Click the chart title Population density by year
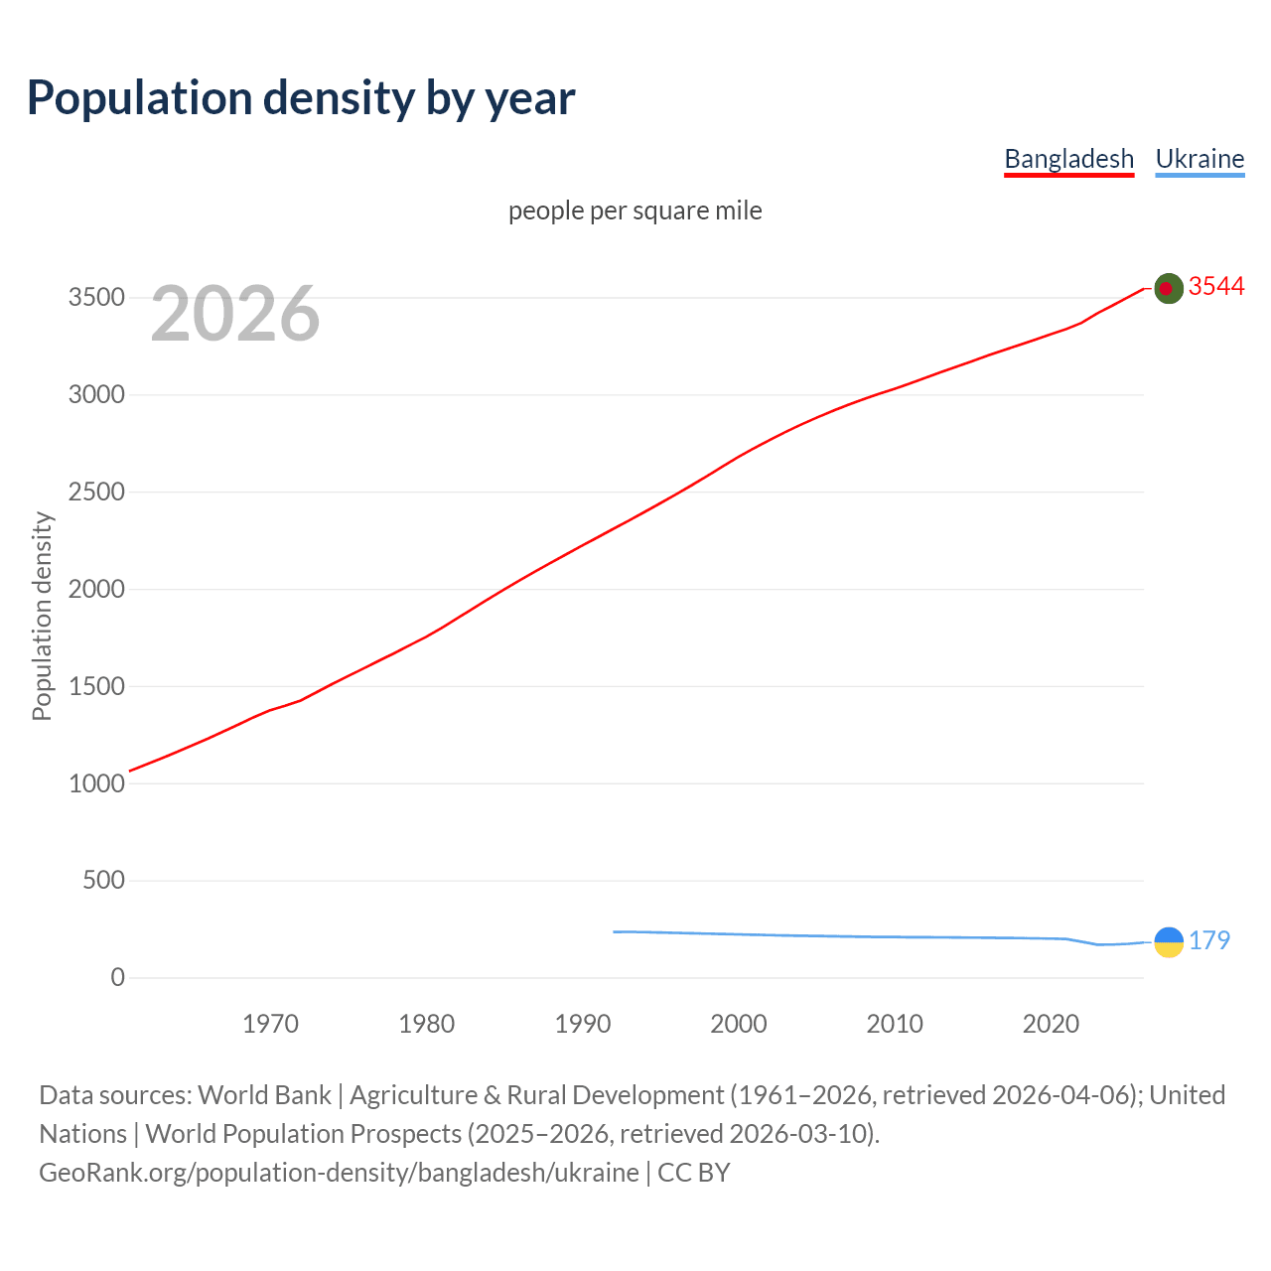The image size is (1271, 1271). coord(301,98)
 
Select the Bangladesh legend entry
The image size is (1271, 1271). coord(1068,159)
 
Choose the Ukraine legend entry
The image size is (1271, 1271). coord(1200,159)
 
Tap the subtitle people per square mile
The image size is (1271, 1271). coord(635,211)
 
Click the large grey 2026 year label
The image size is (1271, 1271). coord(235,314)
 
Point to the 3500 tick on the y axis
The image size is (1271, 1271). coord(96,298)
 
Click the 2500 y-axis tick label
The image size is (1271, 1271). coord(96,493)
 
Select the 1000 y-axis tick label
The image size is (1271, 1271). coord(96,783)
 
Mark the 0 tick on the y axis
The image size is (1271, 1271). coord(118,978)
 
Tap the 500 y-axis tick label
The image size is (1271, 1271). coord(103,881)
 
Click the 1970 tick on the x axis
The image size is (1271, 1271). coord(270,1024)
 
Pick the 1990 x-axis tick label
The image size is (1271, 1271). coord(583,1024)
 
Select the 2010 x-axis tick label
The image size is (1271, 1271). coord(895,1024)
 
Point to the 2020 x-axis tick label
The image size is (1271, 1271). coord(1051,1024)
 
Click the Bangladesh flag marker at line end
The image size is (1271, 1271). coord(1169,288)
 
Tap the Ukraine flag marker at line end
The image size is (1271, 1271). coord(1169,941)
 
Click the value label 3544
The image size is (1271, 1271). coord(1216,287)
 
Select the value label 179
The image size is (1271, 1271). coord(1209,940)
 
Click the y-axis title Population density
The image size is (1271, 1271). coord(42,616)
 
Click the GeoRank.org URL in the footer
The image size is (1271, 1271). coord(339,1173)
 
